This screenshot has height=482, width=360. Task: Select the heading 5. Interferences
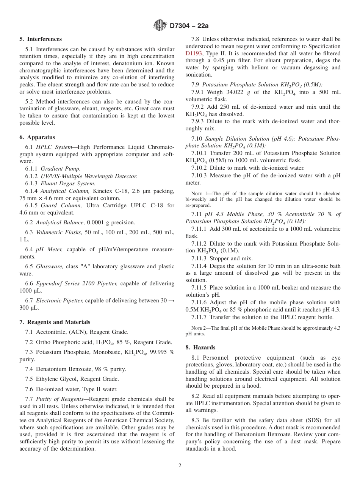41,39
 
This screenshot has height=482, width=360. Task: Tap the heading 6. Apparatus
37,137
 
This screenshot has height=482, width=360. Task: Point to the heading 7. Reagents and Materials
55,322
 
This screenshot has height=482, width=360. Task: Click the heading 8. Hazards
200,347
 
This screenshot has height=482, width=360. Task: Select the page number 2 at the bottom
180,466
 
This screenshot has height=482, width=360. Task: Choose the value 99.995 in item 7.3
157,352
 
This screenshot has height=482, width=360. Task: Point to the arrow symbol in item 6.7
171,301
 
